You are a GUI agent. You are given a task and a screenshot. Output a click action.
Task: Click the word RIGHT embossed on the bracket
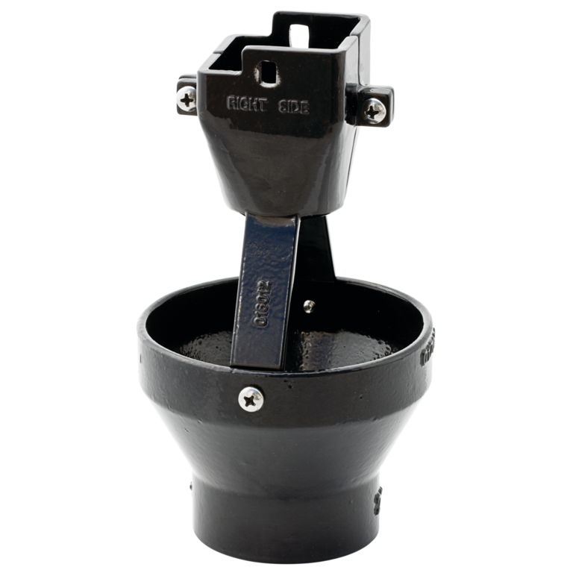(x=245, y=103)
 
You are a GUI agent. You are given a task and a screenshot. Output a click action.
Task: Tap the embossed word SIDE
(x=295, y=107)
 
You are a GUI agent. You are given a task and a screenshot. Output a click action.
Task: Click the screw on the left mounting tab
(x=187, y=97)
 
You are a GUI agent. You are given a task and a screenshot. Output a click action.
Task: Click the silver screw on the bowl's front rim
(x=251, y=398)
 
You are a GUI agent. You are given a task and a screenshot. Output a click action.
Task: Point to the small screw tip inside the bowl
(x=309, y=306)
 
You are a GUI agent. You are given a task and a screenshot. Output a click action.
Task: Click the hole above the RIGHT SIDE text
(x=267, y=73)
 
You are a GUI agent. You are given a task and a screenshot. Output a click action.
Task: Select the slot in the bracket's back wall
(x=299, y=34)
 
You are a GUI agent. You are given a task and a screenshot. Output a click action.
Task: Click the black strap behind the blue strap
(x=316, y=254)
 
